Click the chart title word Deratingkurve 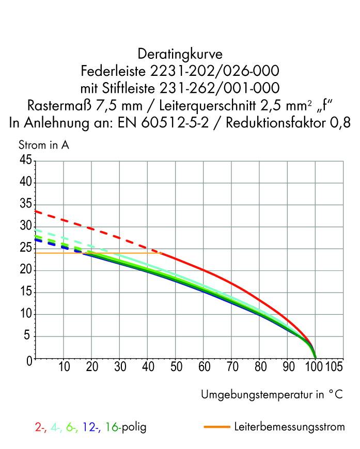point(180,53)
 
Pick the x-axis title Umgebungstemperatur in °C point(272,395)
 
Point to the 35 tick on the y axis point(25,205)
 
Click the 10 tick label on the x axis point(64,367)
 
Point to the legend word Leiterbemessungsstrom point(289,427)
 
